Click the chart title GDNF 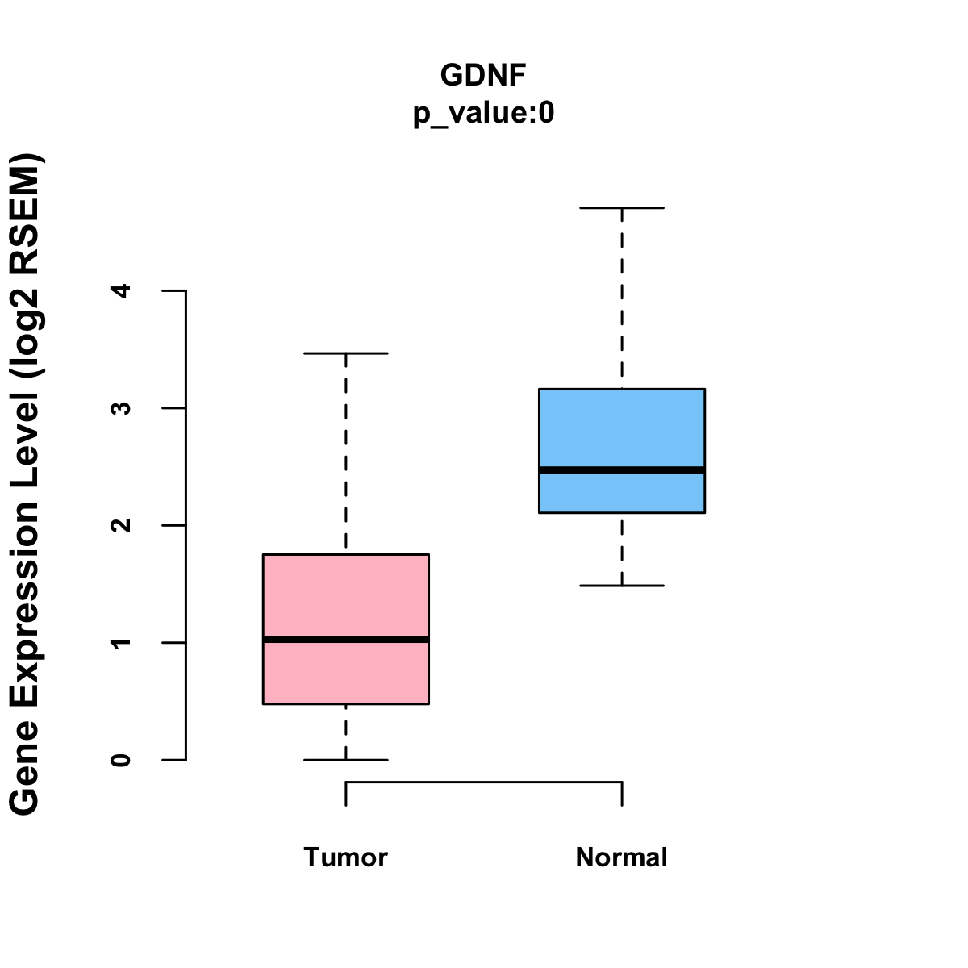pos(483,75)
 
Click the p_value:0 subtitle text pos(483,114)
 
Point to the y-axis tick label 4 pos(122,290)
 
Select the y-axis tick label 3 pos(122,408)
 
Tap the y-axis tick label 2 pos(122,525)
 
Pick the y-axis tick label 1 pos(122,643)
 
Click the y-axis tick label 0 pos(122,760)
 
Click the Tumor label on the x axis pos(345,857)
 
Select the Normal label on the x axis pos(621,857)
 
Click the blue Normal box pos(621,428)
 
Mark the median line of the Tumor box pos(345,639)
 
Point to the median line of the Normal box pos(621,469)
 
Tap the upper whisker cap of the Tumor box pos(345,353)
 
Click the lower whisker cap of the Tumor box pos(345,760)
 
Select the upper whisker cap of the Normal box pos(621,207)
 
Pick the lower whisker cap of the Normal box pos(621,585)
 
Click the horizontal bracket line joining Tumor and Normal pos(484,782)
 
